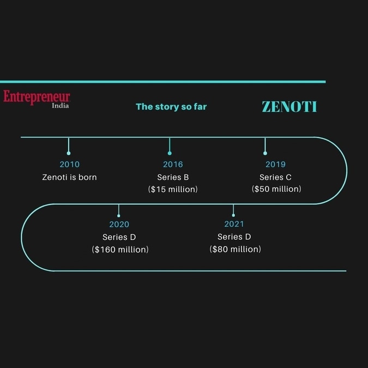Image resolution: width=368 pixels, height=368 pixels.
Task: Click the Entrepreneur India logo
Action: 37,99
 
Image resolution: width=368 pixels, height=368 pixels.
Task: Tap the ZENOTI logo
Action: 289,106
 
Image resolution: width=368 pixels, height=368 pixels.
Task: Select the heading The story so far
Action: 171,106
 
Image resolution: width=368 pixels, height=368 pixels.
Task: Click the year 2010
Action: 69,164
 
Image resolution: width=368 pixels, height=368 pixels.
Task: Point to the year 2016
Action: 173,164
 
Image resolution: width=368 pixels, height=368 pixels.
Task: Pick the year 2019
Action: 275,164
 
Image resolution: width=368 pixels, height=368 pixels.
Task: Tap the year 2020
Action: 119,225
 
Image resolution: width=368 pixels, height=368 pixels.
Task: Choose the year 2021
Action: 234,224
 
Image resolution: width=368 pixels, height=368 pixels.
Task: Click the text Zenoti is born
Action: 69,177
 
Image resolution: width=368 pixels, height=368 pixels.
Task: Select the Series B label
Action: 173,177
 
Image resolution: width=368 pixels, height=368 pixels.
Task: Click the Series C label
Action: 275,177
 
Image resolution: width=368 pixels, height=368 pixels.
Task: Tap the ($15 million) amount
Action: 173,189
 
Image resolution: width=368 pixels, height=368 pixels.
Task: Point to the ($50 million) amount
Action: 276,189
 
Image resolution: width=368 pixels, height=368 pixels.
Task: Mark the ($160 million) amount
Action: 120,249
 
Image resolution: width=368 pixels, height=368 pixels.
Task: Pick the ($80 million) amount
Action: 236,249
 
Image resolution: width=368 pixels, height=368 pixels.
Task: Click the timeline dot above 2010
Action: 69,153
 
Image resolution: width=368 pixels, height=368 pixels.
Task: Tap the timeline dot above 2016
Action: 170,153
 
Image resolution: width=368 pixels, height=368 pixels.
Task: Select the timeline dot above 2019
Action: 265,153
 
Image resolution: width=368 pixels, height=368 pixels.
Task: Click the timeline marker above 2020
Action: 119,216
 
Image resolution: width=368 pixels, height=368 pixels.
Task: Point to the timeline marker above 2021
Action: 233,215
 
